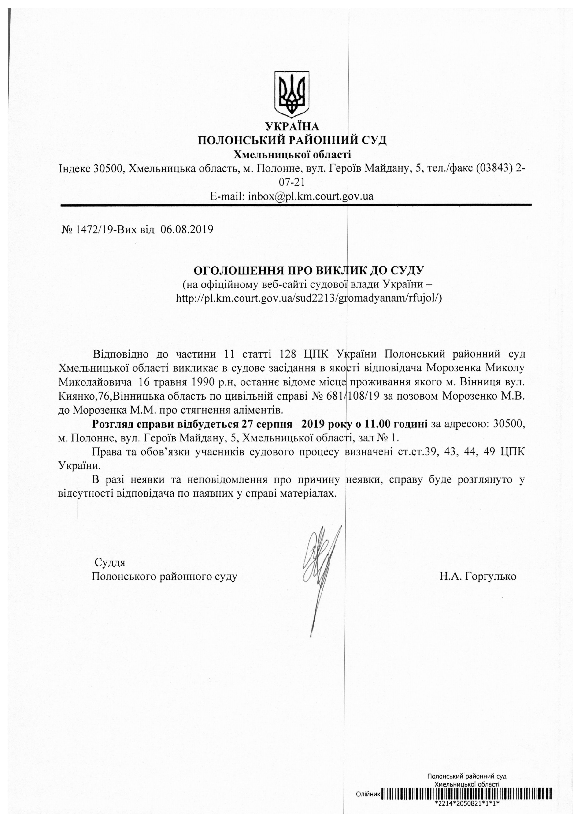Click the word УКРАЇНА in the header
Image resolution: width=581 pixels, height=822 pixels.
click(x=292, y=126)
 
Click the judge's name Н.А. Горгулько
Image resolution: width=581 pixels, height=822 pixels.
click(x=478, y=576)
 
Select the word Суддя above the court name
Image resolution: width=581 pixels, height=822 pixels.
click(x=110, y=562)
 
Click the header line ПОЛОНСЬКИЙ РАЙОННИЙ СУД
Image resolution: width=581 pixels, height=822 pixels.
click(x=292, y=140)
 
